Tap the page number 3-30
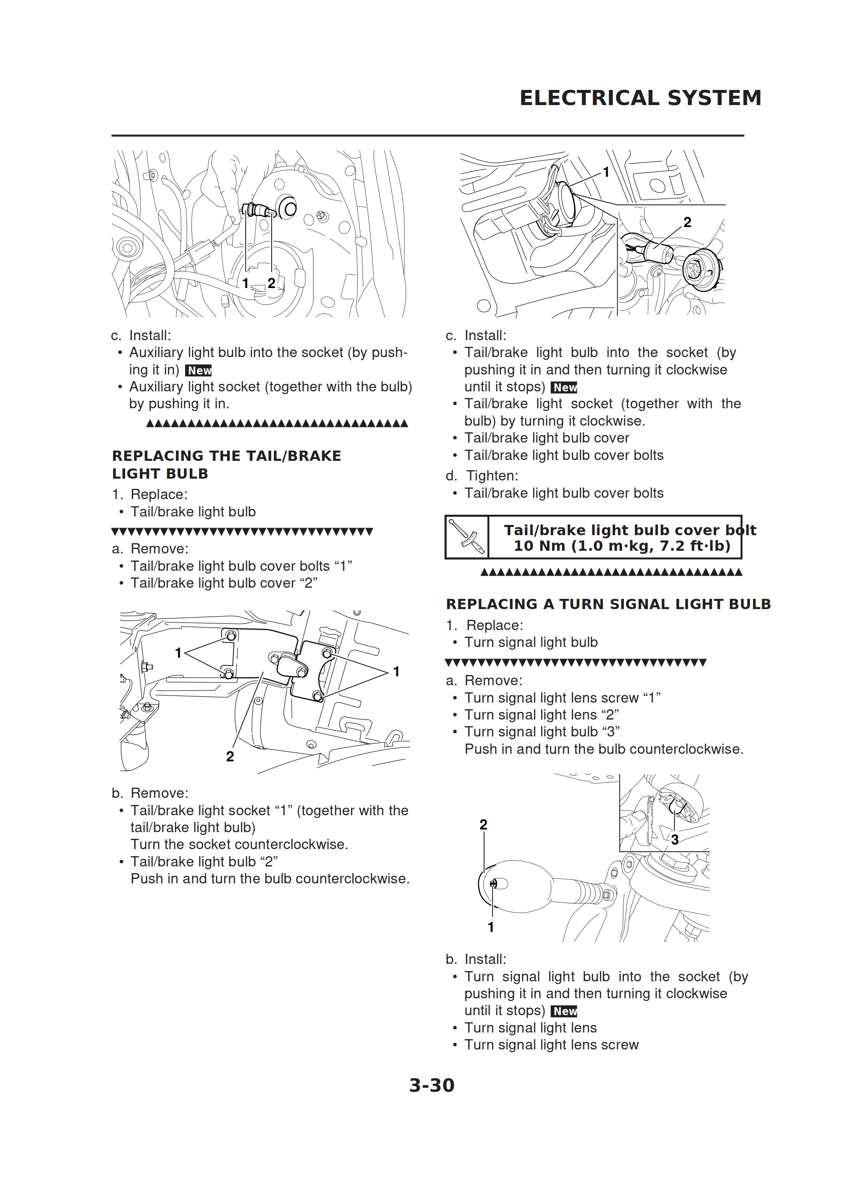pos(431,1085)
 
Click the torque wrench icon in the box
pos(467,537)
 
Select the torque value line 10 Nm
pos(622,546)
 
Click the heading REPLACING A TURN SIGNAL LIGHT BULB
pos(608,604)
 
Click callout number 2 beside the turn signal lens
pos(483,825)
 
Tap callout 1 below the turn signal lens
pos(490,927)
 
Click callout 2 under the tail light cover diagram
pos(230,756)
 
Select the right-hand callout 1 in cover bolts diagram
pos(396,671)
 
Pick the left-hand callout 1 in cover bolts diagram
pos(178,653)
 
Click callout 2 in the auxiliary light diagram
pos(271,283)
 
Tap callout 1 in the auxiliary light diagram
pos(245,283)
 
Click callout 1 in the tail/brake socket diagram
pos(605,172)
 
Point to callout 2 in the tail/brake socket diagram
pos(687,223)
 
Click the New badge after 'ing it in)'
pos(199,370)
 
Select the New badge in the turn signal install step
pos(564,1011)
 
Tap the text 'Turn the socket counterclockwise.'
pos(239,844)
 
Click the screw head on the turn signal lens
pos(493,883)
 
